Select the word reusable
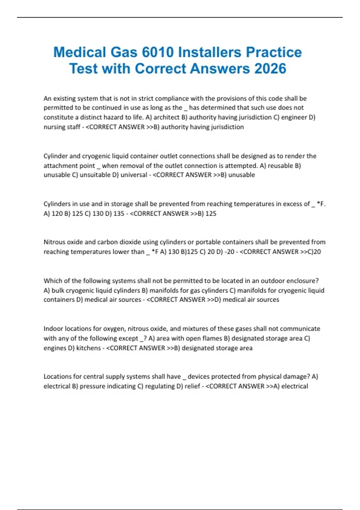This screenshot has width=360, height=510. tap(281, 166)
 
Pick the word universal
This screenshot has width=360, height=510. tap(134, 175)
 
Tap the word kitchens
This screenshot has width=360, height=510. tap(88, 348)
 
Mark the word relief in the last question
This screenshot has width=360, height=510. tap(192, 386)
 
